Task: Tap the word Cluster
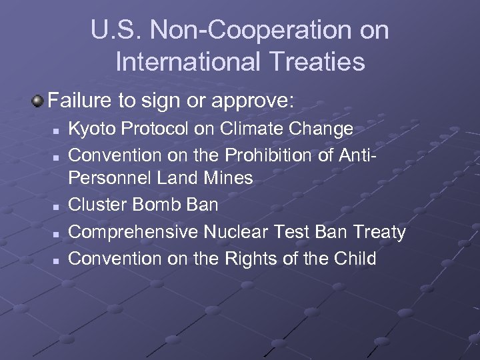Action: pyautogui.click(x=97, y=205)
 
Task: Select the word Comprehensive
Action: pyautogui.click(x=133, y=231)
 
